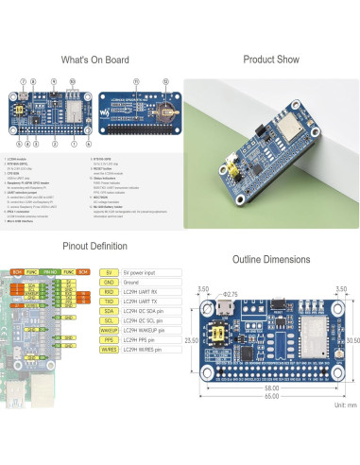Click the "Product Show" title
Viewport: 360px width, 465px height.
click(x=271, y=60)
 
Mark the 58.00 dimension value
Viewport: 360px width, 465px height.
click(x=272, y=387)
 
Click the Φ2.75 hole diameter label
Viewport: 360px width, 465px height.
click(x=230, y=294)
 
